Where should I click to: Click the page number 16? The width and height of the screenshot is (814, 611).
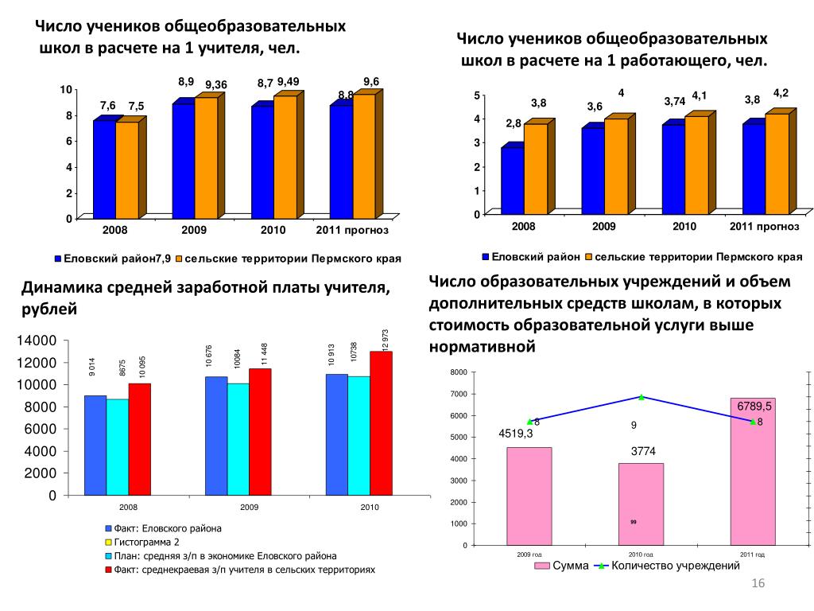[x=758, y=585]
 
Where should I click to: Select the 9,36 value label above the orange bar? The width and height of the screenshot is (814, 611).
[x=216, y=85]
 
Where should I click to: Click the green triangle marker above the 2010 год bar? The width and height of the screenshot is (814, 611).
[x=641, y=396]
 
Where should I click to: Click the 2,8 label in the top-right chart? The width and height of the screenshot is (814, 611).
[x=513, y=123]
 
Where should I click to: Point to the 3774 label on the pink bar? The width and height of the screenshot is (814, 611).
[x=642, y=451]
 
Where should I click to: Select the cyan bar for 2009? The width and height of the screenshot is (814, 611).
[x=238, y=439]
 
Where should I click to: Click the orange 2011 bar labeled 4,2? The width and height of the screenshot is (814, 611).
[x=777, y=163]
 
